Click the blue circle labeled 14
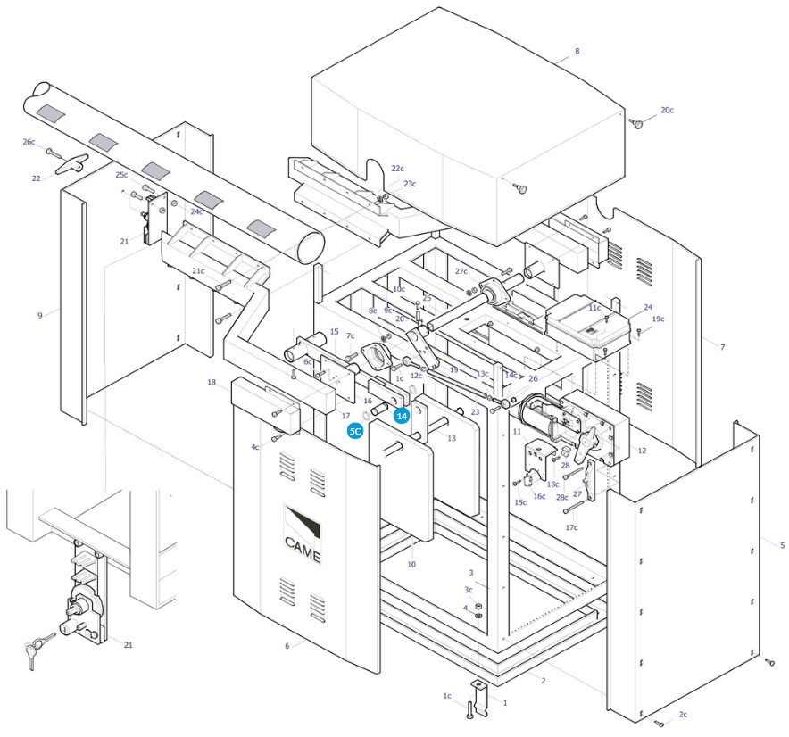click(x=402, y=416)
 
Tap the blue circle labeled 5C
click(x=355, y=431)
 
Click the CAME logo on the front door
click(x=303, y=534)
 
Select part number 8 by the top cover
click(x=577, y=51)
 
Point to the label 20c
click(x=668, y=110)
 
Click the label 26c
click(x=29, y=142)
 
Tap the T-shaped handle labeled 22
click(x=72, y=164)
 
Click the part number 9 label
click(x=40, y=316)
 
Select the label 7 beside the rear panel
click(x=723, y=346)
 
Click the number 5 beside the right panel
click(x=782, y=545)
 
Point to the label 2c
click(x=683, y=715)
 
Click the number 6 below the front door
click(x=287, y=646)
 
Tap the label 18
click(x=212, y=383)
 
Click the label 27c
click(x=461, y=271)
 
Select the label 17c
click(x=571, y=527)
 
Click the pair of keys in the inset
click(x=38, y=650)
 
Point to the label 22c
click(x=397, y=168)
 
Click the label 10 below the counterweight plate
click(x=411, y=565)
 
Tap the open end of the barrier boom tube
click(x=311, y=247)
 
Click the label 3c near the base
click(x=469, y=590)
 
